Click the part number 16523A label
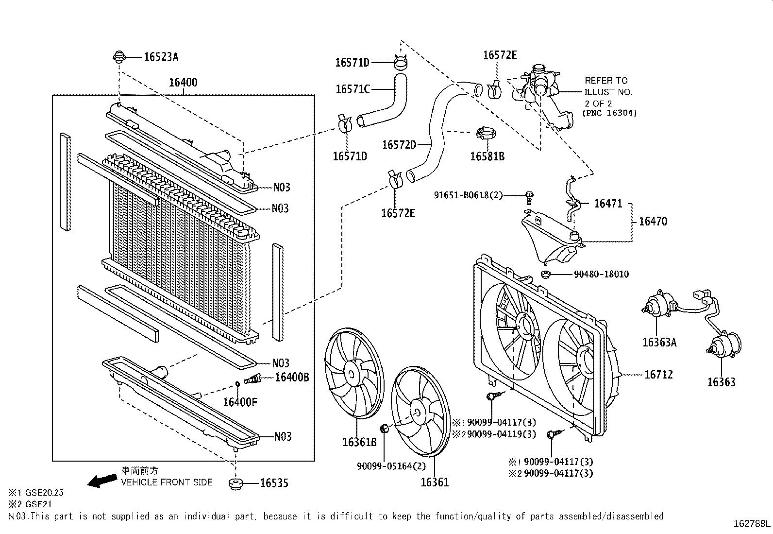click(x=161, y=57)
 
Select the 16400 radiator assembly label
click(x=183, y=82)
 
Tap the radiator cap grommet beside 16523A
click(x=118, y=57)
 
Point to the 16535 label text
click(x=274, y=482)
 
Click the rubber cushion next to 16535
click(x=235, y=484)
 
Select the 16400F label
click(x=240, y=402)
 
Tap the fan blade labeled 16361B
click(x=353, y=373)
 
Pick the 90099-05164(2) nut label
click(x=391, y=466)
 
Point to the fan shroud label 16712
click(x=658, y=374)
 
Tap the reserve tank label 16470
click(x=653, y=222)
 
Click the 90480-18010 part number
click(x=601, y=274)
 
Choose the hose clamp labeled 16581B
click(x=486, y=133)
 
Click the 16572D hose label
click(x=399, y=144)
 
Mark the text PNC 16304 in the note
click(x=609, y=113)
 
